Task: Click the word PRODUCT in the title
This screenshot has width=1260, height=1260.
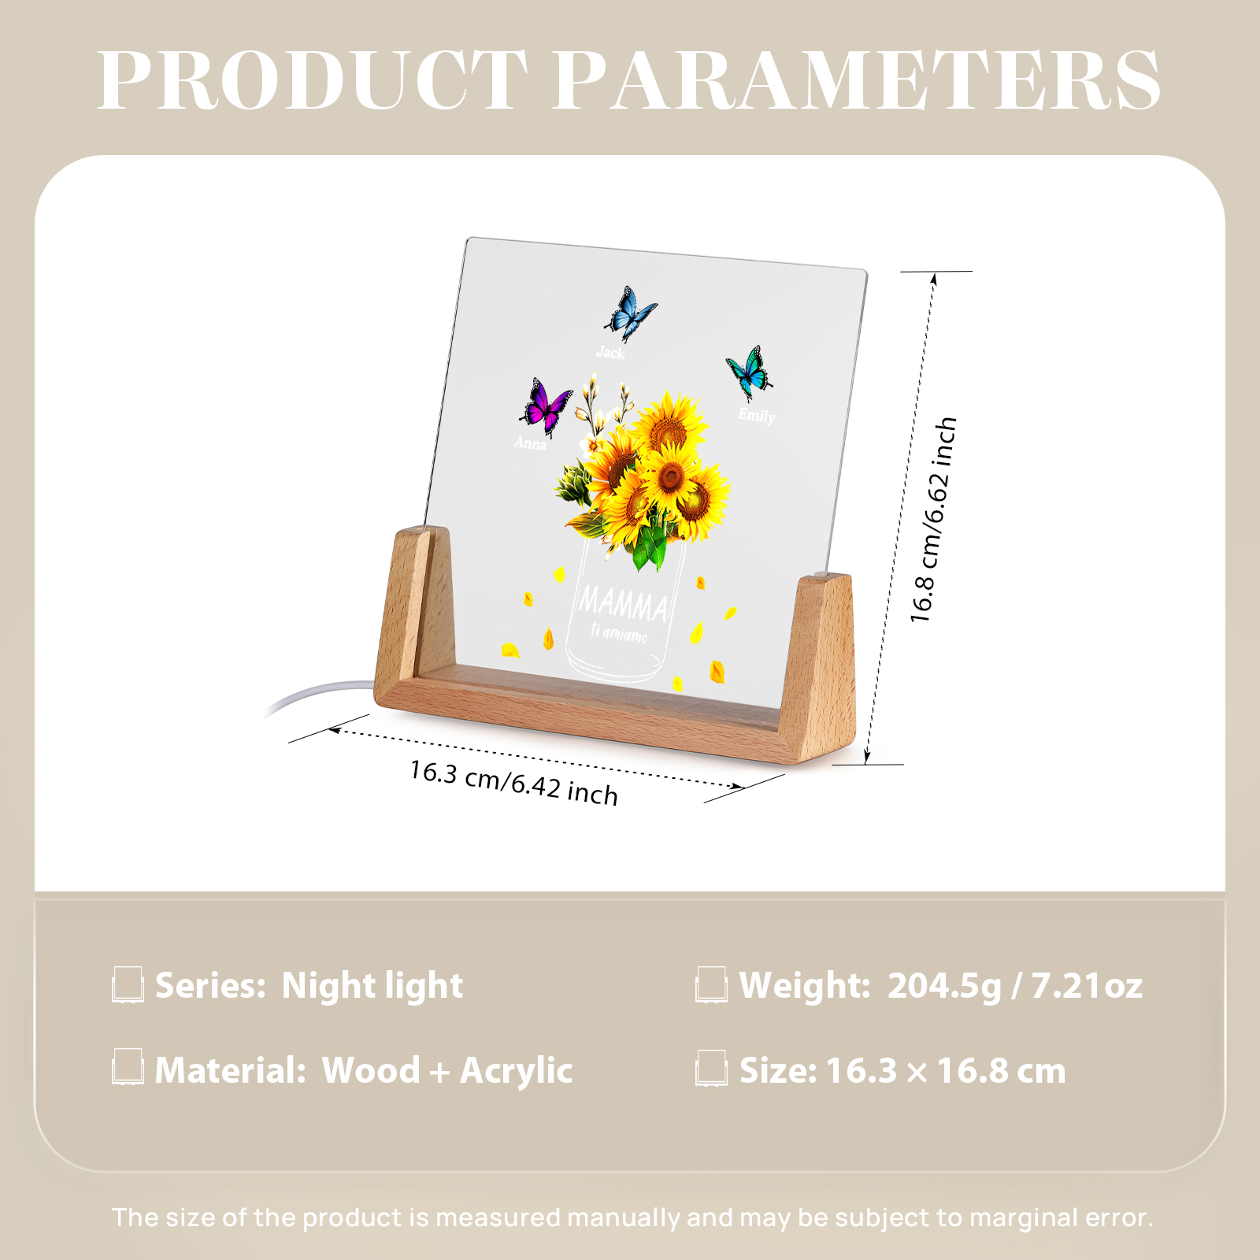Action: tap(313, 80)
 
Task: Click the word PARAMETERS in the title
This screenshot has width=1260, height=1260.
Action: tap(858, 80)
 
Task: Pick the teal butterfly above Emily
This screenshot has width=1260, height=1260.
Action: tap(749, 372)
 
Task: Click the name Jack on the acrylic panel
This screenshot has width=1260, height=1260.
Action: tap(610, 352)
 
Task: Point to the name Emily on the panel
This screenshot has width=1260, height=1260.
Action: tap(757, 415)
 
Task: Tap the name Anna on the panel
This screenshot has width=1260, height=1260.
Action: tap(530, 443)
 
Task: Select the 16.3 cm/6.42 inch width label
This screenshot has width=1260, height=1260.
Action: tap(513, 782)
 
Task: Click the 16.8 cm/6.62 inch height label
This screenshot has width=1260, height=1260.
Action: tap(933, 520)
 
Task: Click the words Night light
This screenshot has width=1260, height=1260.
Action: tap(372, 986)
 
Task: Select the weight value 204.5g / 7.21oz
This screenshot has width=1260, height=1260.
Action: tap(1015, 986)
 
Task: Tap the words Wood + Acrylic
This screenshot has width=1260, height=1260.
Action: tap(447, 1071)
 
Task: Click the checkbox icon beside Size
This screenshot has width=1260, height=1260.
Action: tap(711, 1069)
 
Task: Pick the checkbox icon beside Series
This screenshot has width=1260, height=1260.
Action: tap(128, 984)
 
